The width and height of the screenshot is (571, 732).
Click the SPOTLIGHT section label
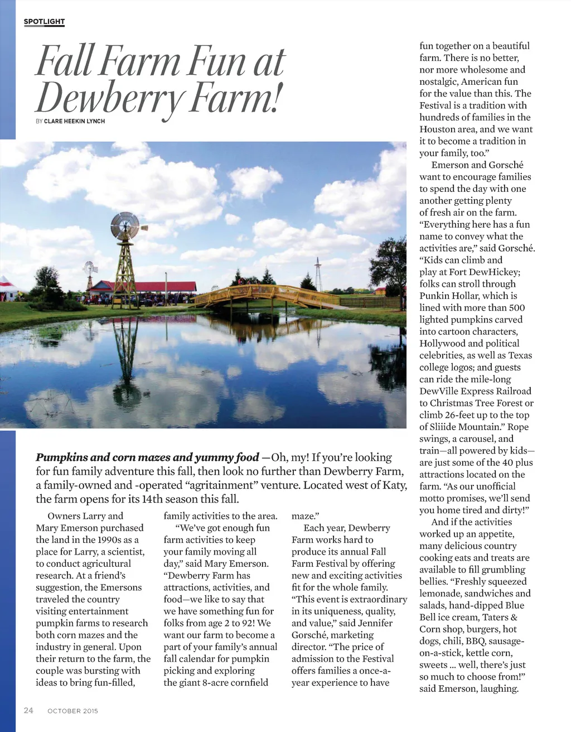[x=44, y=22]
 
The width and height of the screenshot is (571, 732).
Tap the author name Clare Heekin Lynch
[x=74, y=121]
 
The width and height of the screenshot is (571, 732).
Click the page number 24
[x=28, y=710]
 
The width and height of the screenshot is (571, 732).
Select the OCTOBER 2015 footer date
[x=72, y=711]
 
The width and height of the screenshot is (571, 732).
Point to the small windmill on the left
[x=89, y=271]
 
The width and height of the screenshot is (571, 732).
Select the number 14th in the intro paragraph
[x=152, y=499]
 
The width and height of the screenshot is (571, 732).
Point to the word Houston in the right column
[x=438, y=129]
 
